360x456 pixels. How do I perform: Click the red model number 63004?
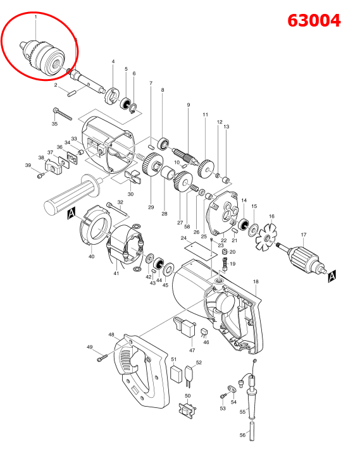314,20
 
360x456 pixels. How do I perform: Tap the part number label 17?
303,233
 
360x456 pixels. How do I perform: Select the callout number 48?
111,335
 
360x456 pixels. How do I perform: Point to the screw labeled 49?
102,359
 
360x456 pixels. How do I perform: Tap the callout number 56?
242,435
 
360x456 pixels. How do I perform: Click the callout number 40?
91,256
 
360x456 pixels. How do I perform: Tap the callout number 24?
183,238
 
